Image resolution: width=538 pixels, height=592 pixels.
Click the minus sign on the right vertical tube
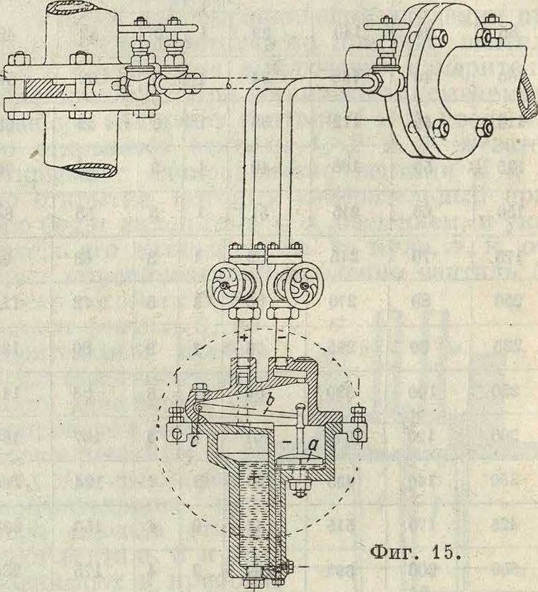pyautogui.click(x=281, y=336)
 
